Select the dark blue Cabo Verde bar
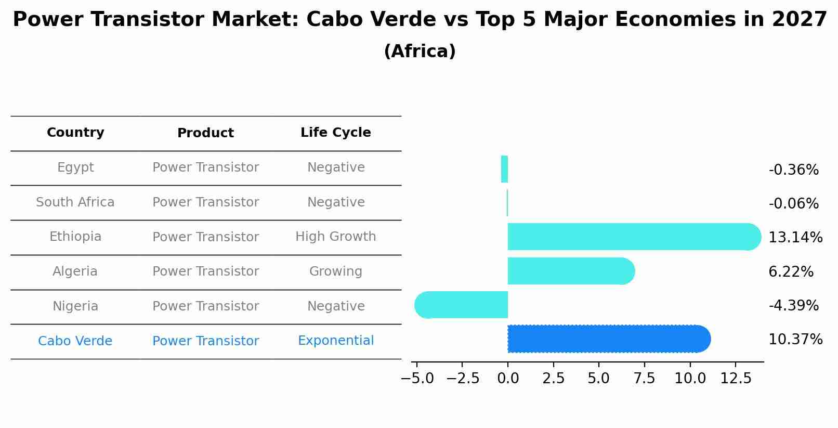point(609,339)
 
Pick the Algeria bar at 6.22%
point(571,271)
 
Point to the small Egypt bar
point(504,169)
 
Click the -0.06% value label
point(793,204)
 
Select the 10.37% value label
point(795,340)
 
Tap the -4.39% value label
point(793,306)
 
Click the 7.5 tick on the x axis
point(644,379)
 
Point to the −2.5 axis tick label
point(462,379)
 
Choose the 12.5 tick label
point(736,379)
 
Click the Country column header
point(75,133)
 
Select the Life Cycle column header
point(335,133)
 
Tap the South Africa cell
point(75,202)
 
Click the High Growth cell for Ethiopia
point(335,237)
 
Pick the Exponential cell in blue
point(335,341)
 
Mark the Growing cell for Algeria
point(335,271)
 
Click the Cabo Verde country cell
point(75,341)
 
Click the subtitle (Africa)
point(420,51)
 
